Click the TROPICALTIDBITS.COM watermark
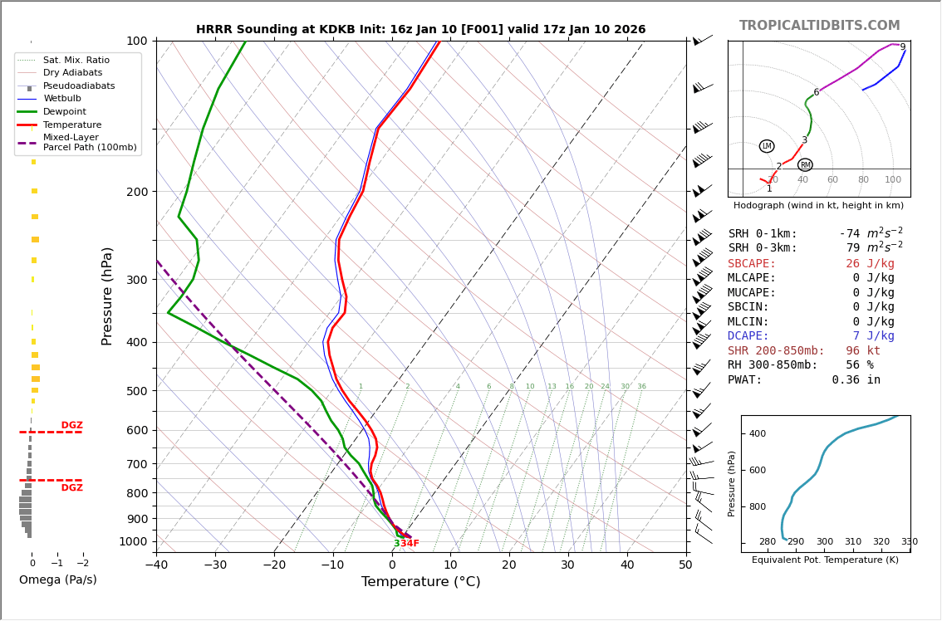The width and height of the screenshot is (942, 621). click(819, 26)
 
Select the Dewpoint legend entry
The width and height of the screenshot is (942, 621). click(64, 112)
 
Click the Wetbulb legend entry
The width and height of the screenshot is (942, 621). click(62, 99)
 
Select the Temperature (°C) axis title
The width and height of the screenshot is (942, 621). click(420, 582)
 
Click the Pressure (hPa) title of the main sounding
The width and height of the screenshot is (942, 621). click(107, 296)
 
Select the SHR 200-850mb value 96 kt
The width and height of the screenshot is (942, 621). click(862, 351)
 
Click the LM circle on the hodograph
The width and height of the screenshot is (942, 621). click(767, 146)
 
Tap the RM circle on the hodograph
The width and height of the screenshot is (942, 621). click(805, 165)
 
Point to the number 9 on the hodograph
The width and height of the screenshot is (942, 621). click(903, 47)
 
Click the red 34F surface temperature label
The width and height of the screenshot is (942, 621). click(410, 544)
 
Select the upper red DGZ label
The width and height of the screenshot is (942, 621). click(71, 426)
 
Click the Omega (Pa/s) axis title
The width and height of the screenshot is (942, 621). click(58, 580)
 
